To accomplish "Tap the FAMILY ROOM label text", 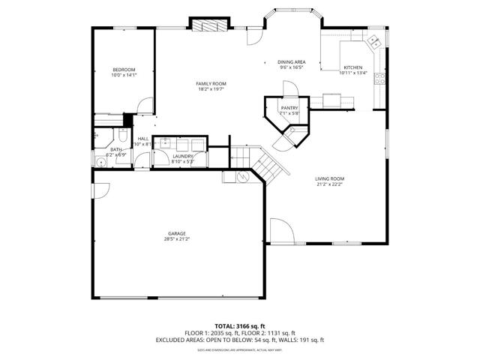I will [x=211, y=83].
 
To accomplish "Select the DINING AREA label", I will [x=291, y=61].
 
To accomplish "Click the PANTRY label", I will [x=289, y=108].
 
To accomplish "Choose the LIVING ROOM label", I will [x=328, y=178].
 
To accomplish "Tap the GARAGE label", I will [x=177, y=233].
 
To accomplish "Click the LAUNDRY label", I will [x=182, y=156].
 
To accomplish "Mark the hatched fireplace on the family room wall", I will [x=208, y=25].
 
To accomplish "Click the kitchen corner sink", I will [x=372, y=41].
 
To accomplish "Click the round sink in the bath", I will [x=100, y=160].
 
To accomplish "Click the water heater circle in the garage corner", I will [x=243, y=177].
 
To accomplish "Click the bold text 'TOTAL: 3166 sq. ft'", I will [x=239, y=326].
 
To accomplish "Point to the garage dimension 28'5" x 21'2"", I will [x=177, y=239].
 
